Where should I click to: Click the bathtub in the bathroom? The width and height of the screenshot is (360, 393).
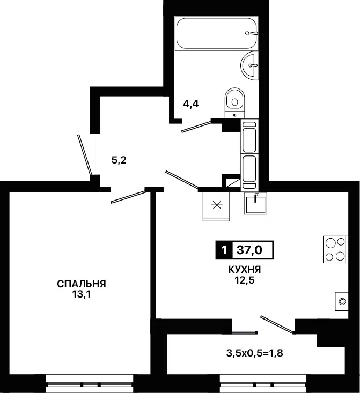tap(217, 33)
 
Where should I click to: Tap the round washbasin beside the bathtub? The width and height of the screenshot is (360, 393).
tap(249, 65)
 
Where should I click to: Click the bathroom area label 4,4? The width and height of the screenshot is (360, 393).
tap(191, 103)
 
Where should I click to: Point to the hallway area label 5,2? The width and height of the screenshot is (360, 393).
tap(119, 160)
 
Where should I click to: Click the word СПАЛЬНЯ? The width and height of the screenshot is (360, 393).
tap(82, 284)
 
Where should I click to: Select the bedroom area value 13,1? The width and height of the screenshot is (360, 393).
tap(82, 294)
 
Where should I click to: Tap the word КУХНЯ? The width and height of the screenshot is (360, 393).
tap(245, 270)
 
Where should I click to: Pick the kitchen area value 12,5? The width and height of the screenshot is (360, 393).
tap(245, 280)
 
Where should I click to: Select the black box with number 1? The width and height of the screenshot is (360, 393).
tap(224, 250)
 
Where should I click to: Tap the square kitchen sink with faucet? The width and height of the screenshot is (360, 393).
tap(255, 204)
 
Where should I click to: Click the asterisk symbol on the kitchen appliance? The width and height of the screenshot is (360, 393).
tap(217, 205)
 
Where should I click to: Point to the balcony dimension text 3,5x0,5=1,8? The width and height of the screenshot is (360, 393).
tap(254, 353)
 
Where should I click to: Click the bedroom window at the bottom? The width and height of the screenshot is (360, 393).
tap(89, 384)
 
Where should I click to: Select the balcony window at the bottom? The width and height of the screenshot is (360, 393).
tap(263, 384)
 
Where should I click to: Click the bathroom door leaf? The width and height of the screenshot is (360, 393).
tap(197, 127)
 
